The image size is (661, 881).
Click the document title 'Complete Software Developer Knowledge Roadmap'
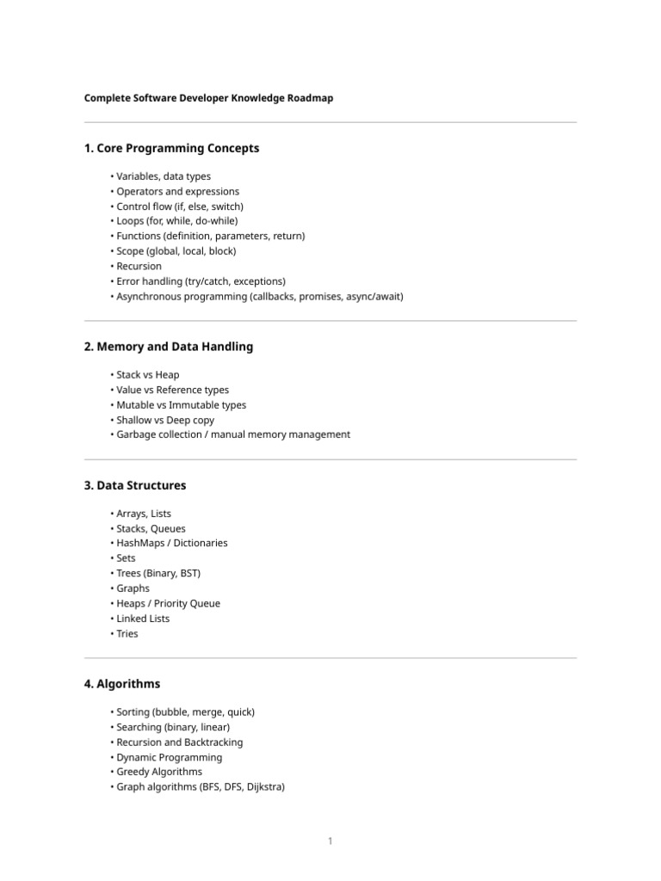click(x=208, y=98)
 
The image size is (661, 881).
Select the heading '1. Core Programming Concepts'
click(x=171, y=148)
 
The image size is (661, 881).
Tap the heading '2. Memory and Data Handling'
click(x=169, y=347)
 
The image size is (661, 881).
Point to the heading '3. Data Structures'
click(x=135, y=485)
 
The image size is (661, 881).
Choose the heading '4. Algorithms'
click(x=122, y=684)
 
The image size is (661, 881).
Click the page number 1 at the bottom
click(x=330, y=841)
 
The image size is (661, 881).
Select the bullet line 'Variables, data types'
click(x=164, y=176)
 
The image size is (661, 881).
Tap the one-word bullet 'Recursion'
click(x=139, y=266)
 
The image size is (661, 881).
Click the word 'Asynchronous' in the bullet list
click(x=148, y=296)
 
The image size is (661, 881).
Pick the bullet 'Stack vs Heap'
click(x=148, y=375)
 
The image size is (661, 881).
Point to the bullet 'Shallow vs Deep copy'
click(x=165, y=420)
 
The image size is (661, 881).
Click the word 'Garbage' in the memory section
click(x=135, y=434)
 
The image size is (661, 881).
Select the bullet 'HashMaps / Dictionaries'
click(x=172, y=543)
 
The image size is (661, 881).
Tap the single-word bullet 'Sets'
click(x=126, y=558)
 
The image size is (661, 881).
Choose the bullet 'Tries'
click(x=127, y=633)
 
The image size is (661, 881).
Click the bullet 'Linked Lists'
click(x=143, y=619)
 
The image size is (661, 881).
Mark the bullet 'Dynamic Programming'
click(x=169, y=757)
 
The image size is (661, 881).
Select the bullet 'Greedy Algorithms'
click(x=159, y=772)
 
